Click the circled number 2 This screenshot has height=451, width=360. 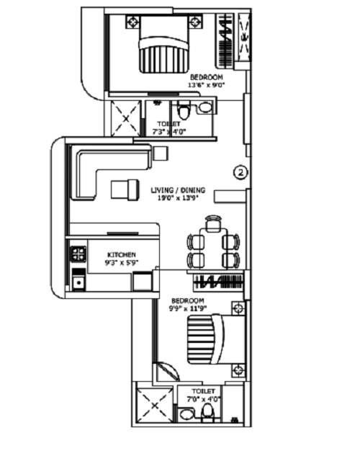241,172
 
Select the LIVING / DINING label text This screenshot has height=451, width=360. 178,190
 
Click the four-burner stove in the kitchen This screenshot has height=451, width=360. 78,254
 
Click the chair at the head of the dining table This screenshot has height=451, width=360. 212,224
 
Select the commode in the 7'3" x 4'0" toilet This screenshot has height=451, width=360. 183,112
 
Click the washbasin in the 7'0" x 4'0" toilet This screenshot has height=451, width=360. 186,414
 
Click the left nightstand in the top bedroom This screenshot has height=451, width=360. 132,22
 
